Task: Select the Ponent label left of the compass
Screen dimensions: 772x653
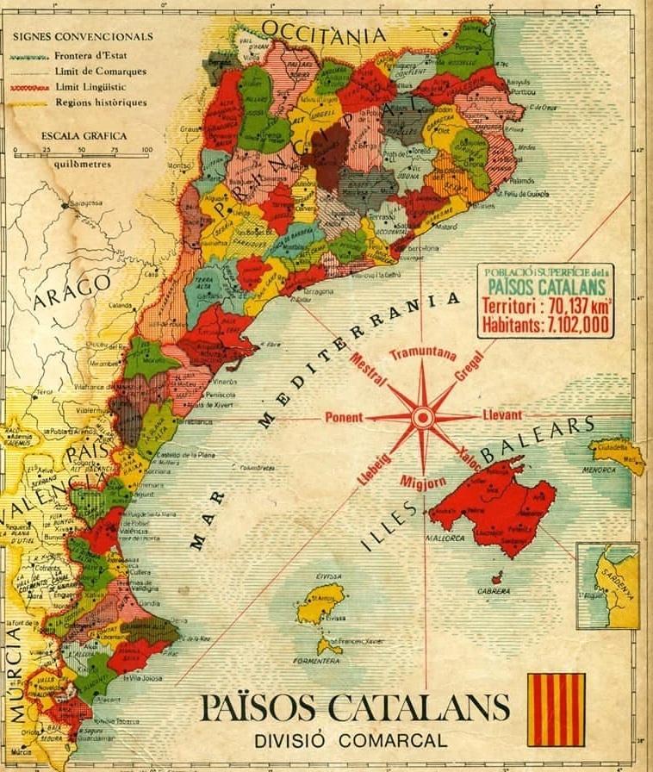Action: pyautogui.click(x=344, y=418)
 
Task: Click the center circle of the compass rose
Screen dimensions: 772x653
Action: pyautogui.click(x=422, y=418)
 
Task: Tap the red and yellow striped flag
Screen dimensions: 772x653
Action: pyautogui.click(x=556, y=709)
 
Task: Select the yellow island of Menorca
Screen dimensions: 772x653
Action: pyautogui.click(x=619, y=453)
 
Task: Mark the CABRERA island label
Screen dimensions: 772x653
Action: pyautogui.click(x=494, y=591)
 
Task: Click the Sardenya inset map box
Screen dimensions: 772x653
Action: pyautogui.click(x=608, y=585)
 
